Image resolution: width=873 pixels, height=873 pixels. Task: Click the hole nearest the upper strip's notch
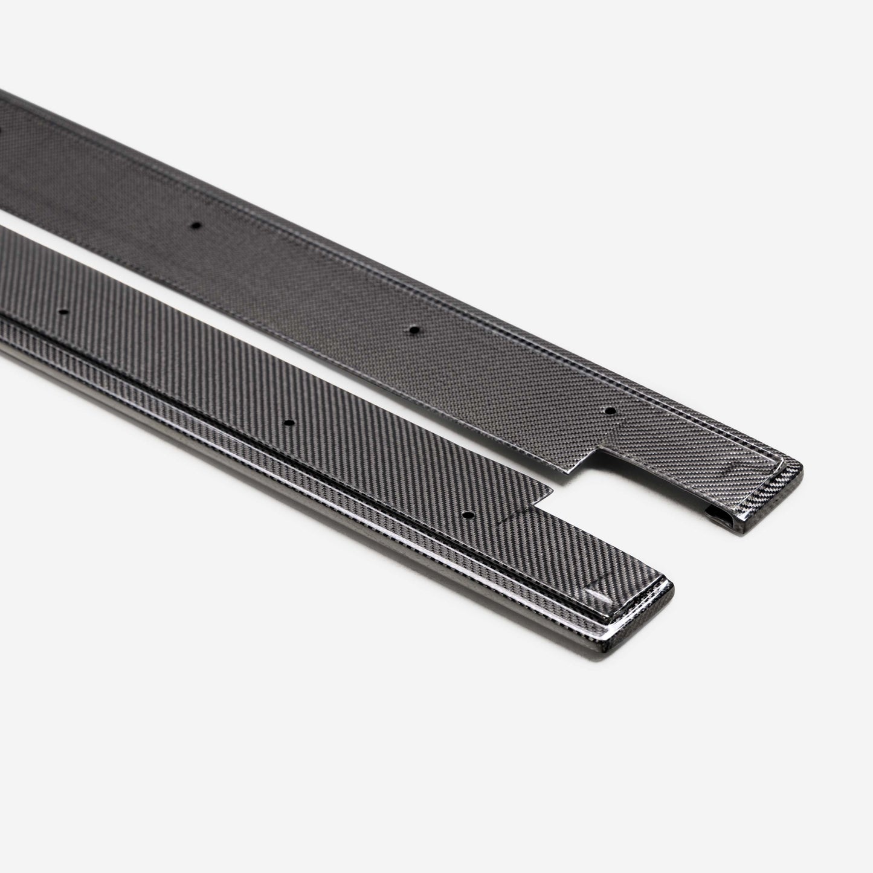click(609, 410)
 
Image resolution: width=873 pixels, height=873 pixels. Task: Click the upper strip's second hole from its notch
click(413, 330)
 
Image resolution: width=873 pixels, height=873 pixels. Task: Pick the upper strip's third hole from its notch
click(195, 225)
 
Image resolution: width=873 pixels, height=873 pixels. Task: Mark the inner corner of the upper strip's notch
click(600, 450)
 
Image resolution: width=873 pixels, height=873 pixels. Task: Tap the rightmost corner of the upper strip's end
click(803, 469)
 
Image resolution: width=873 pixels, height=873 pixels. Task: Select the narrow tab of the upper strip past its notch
click(695, 465)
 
